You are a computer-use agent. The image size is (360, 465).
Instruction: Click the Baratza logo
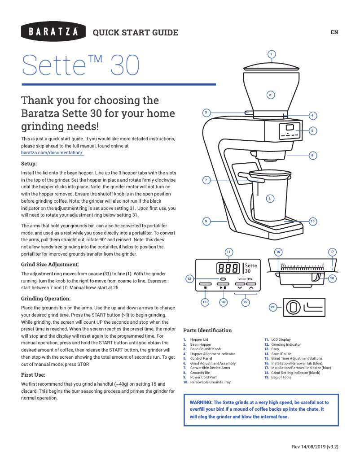click(x=53, y=32)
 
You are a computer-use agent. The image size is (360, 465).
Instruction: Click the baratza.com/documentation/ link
click(x=52, y=153)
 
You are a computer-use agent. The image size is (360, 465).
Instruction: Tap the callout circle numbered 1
click(x=271, y=54)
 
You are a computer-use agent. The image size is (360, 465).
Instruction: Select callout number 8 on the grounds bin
click(x=269, y=198)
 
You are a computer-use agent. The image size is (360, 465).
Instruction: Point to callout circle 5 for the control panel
click(x=313, y=130)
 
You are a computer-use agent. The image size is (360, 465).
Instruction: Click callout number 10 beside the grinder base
click(x=313, y=221)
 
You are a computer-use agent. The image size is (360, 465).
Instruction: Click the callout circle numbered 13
click(x=205, y=302)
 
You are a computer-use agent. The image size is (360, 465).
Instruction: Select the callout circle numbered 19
click(x=272, y=307)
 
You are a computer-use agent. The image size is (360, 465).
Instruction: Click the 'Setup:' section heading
click(x=29, y=164)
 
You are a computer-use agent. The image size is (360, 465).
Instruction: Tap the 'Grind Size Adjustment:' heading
click(x=50, y=265)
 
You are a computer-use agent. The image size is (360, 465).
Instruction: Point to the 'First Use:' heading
click(x=33, y=374)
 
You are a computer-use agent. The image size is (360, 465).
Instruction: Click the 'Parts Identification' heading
click(x=207, y=330)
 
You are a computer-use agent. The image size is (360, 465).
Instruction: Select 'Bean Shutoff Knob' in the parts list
click(x=205, y=349)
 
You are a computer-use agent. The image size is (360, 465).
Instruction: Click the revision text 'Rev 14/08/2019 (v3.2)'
click(x=315, y=447)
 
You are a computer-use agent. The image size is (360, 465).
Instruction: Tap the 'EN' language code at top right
click(x=334, y=32)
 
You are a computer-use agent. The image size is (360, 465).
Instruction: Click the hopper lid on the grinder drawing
click(x=271, y=66)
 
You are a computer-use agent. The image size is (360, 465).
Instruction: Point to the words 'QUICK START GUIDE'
click(x=135, y=32)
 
